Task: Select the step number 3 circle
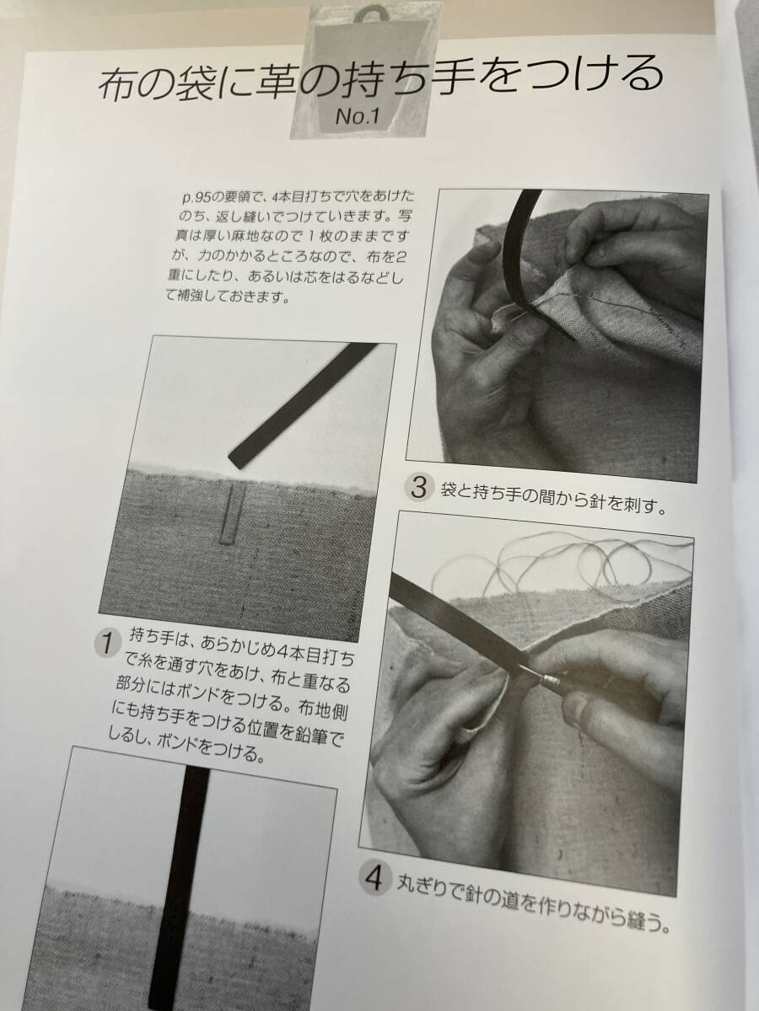click(419, 487)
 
